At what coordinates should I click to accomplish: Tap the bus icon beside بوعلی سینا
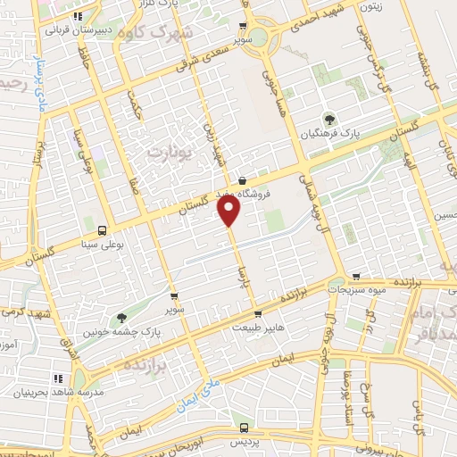pos(102,229)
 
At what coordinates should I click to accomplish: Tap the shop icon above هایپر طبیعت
pos(258,314)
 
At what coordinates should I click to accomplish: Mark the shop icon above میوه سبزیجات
pos(358,277)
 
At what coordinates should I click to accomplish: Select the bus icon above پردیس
pos(245,427)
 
